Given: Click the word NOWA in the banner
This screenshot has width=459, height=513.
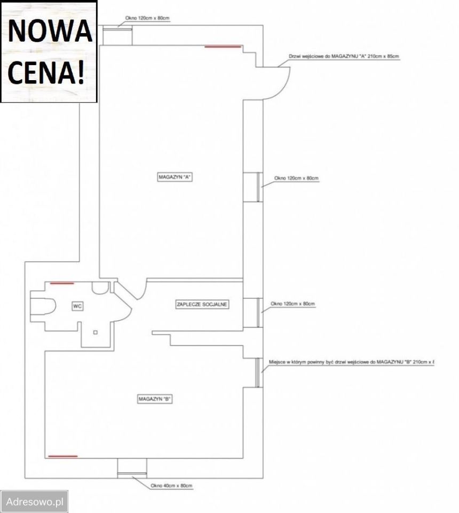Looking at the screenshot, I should pos(50,31).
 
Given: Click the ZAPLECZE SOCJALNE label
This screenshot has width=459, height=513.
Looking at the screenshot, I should pos(202,305).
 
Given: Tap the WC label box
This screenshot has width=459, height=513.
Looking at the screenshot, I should pos(76,306).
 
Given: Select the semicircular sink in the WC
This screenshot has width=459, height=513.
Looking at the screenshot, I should pos(99,288).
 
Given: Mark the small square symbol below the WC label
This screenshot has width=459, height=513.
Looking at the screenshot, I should pos(95,332).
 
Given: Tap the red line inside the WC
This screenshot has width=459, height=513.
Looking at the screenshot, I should pos(62,283).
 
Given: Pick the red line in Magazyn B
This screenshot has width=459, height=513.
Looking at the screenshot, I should pos(63,456).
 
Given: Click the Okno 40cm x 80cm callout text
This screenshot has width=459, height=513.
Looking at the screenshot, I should pos(171,486).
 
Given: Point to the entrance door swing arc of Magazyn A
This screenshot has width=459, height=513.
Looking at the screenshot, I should pos(280,83).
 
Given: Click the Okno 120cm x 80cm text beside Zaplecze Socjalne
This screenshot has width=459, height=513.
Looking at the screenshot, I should pos(292,304).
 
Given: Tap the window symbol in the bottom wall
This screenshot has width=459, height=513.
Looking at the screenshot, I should pos(131,467).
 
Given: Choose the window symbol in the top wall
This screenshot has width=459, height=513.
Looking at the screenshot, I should pos(117,36).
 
